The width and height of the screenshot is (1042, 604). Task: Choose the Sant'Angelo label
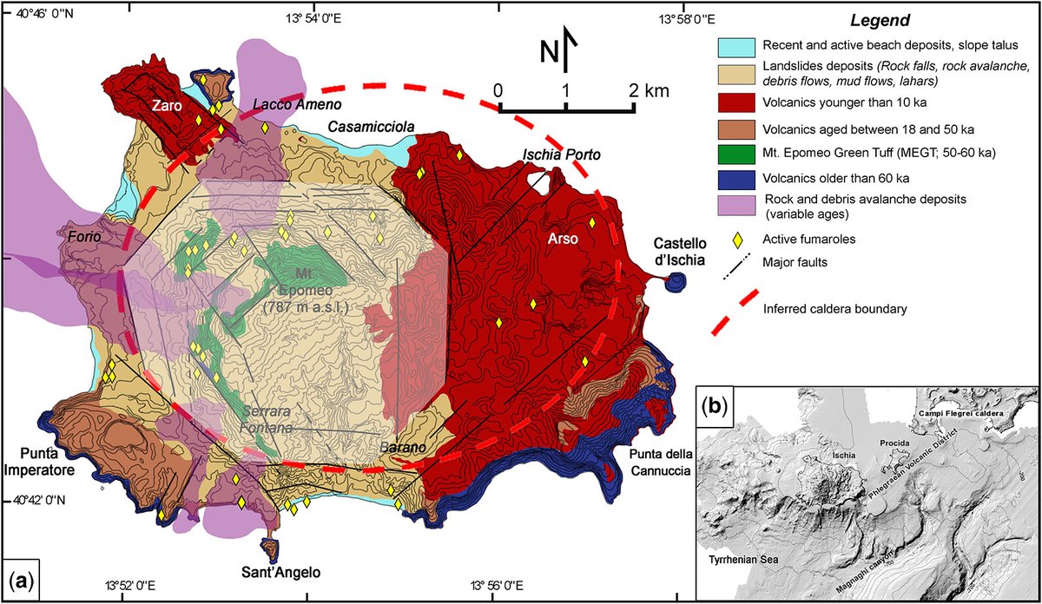(x=281, y=573)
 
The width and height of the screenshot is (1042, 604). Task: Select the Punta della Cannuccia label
(x=658, y=464)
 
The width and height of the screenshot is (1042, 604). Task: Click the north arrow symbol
(x=566, y=49)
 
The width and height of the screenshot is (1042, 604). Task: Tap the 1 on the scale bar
(x=566, y=90)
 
